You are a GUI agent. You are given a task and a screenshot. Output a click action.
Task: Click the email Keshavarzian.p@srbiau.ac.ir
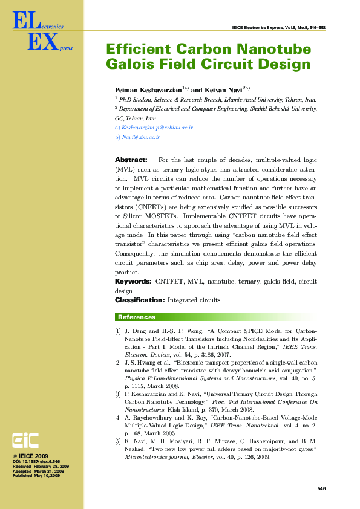pos(157,128)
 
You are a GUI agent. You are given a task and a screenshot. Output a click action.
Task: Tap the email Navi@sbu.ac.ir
pos(140,138)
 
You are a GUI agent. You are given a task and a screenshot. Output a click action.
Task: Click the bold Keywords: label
pos(133,282)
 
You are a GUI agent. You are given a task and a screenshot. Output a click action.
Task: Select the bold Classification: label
pos(139,300)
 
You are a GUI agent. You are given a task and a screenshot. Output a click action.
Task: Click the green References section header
pos(137,317)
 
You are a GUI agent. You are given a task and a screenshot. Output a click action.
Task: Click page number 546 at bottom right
pos(321,488)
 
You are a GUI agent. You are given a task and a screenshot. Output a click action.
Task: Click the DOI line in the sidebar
pos(37,461)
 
